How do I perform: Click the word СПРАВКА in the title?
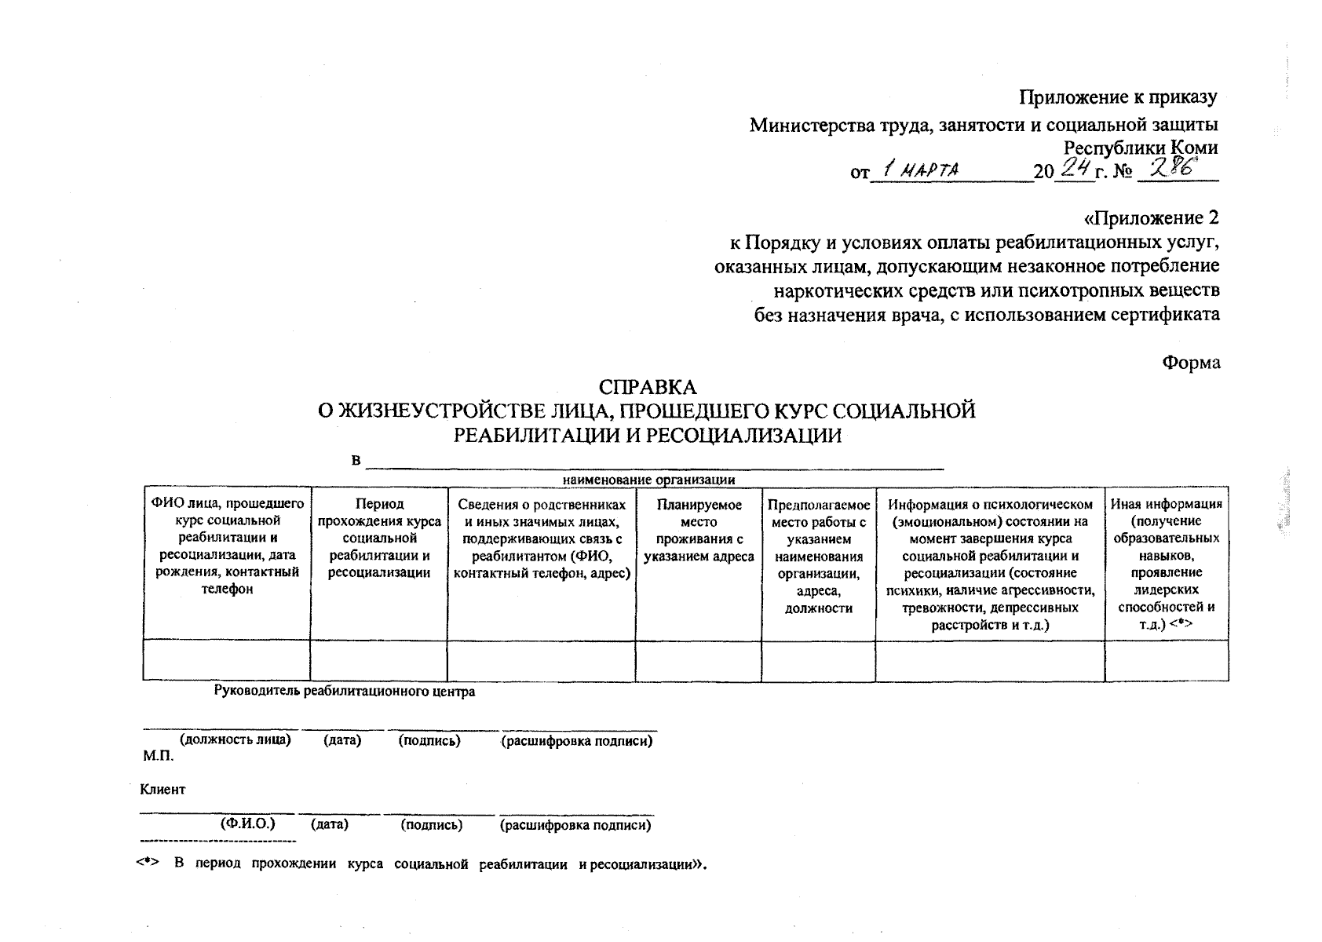coord(648,388)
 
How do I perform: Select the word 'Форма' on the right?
coord(1191,363)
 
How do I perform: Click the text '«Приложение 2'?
coord(1151,218)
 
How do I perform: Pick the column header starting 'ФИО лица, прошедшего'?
coord(227,546)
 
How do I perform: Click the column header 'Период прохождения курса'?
coord(379,538)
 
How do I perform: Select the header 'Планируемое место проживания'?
coord(699,531)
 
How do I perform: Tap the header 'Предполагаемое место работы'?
coord(818,556)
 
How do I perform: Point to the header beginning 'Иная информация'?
coord(1166,564)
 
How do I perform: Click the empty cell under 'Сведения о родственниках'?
coord(541,660)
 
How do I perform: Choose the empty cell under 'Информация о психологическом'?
coord(989,660)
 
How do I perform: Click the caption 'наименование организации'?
coord(648,480)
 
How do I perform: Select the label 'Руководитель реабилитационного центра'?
coord(345,692)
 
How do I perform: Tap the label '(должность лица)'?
coord(236,740)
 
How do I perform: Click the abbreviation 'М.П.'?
coord(158,757)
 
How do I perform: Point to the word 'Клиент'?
coord(163,790)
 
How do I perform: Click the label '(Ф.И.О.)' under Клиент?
coord(248,824)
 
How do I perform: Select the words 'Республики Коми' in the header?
coord(1141,148)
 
